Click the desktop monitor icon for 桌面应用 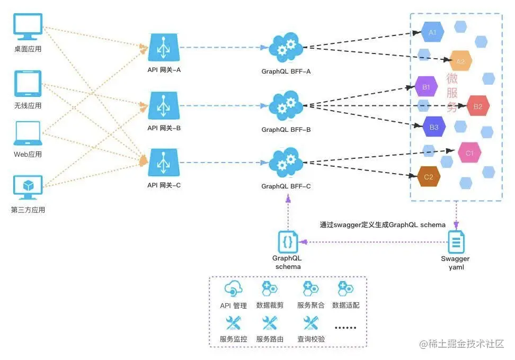pos(28,28)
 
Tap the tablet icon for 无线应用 pos(28,84)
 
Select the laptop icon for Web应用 pos(28,133)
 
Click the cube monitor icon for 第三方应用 pos(28,188)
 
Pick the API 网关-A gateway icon pos(164,48)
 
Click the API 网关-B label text pos(164,128)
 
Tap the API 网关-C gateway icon pos(164,163)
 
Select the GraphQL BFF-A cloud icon pos(286,48)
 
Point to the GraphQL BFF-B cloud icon pos(286,105)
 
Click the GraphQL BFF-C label pos(286,186)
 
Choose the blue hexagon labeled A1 pos(432,32)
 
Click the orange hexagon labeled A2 pos(460,61)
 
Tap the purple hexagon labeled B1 pos(426,86)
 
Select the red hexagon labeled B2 pos(478,106)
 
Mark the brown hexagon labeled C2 pos(429,177)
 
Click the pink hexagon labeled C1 pos(469,153)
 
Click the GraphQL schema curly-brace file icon pos(288,242)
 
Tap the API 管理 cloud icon pos(233,289)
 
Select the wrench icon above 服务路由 pos(269,322)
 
